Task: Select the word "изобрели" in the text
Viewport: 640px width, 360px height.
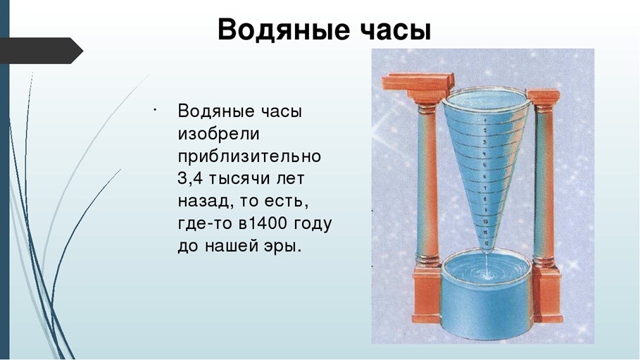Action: pyautogui.click(x=218, y=134)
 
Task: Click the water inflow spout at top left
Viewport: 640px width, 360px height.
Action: pyautogui.click(x=415, y=84)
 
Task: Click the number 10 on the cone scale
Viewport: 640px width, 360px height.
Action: pyautogui.click(x=487, y=221)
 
